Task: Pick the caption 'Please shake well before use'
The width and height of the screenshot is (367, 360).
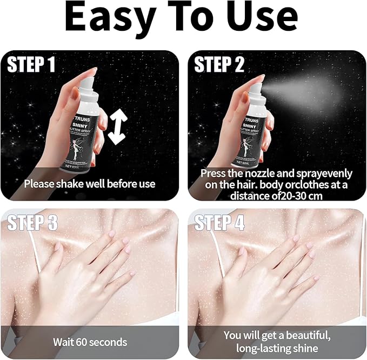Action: (x=89, y=184)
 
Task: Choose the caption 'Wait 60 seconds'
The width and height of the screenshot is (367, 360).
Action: (x=90, y=342)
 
